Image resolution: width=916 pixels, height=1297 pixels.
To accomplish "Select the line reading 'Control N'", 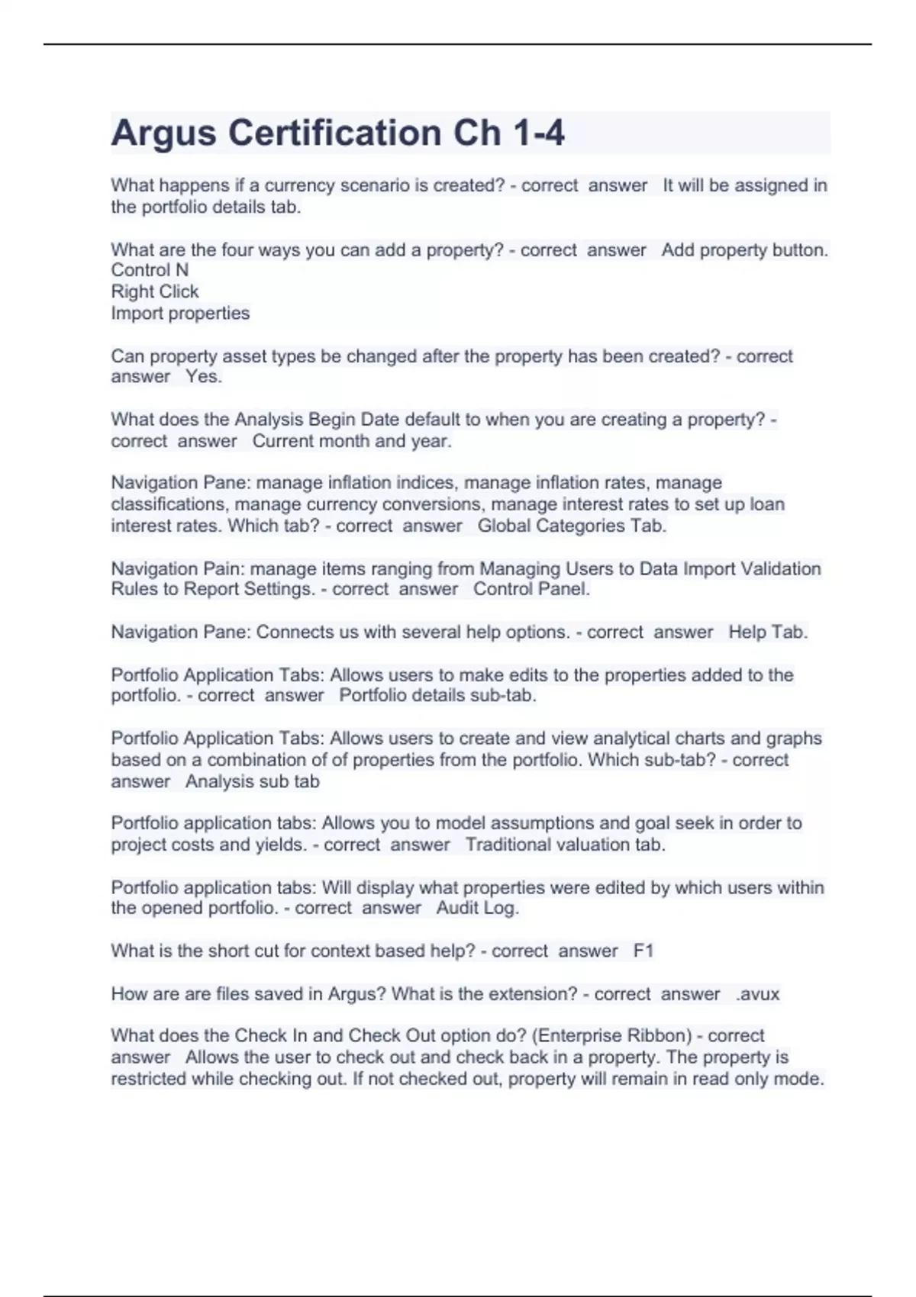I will tap(150, 270).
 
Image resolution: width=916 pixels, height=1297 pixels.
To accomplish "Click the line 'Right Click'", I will tap(155, 291).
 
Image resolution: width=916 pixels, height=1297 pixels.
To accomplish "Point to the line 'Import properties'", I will tap(180, 313).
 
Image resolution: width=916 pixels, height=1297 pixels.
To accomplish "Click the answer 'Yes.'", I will tap(204, 377).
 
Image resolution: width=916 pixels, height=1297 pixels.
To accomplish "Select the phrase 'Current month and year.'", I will tap(352, 441).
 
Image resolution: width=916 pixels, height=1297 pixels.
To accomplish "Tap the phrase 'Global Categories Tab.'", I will tap(572, 526).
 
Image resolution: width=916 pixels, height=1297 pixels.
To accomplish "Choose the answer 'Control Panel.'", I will tap(531, 589).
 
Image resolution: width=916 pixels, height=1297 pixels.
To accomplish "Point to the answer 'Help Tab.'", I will tap(768, 632).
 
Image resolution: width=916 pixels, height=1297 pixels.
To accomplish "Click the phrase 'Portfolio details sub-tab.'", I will tap(437, 696).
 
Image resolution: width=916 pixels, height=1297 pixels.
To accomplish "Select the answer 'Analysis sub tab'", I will tap(253, 781).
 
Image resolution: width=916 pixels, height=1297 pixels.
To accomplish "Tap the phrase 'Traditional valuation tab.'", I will tap(566, 845).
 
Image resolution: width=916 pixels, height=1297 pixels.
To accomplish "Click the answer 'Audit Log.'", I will tap(478, 908).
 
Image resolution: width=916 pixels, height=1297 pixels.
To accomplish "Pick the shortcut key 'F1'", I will tap(643, 951).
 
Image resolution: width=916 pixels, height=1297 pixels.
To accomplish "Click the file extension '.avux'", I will tap(758, 994).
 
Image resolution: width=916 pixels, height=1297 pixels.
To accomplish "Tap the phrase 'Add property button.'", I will tap(745, 249).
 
